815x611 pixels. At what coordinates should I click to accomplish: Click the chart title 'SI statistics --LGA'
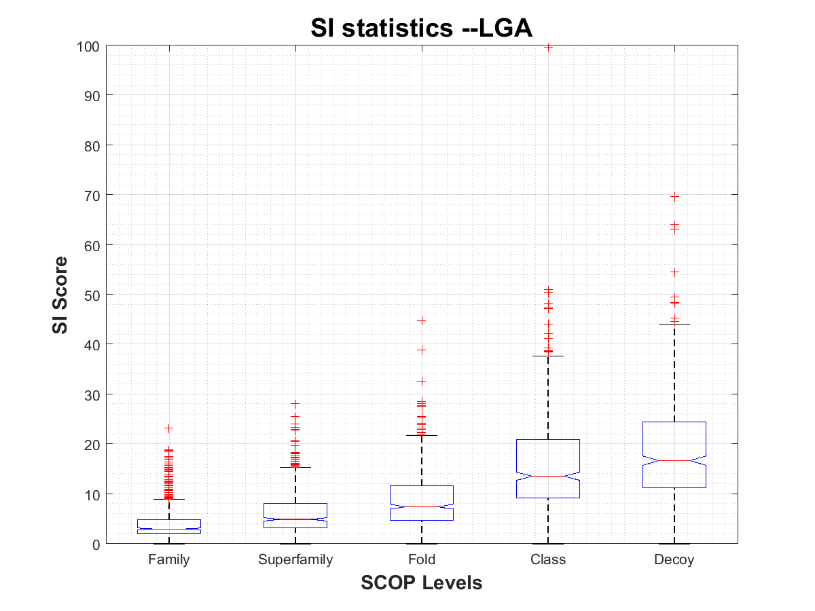421,29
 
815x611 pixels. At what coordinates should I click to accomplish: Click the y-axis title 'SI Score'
60,295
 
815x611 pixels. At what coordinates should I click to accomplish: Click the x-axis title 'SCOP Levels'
421,582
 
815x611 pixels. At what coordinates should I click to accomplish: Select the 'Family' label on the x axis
168,560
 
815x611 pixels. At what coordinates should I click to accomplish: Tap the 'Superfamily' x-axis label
295,560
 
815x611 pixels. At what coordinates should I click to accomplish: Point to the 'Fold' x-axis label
422,560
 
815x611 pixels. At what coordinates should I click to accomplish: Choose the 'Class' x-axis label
548,560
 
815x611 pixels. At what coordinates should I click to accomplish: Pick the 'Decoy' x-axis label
674,560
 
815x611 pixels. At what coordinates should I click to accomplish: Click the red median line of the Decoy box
674,460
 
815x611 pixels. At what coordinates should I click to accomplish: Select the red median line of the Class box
548,476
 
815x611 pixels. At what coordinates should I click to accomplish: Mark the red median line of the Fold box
422,506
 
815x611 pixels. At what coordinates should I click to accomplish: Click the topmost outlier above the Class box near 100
548,47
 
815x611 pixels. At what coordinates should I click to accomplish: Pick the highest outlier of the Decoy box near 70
674,197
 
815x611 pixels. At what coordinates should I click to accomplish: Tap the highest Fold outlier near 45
422,320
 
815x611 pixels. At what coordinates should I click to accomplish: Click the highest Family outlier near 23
168,428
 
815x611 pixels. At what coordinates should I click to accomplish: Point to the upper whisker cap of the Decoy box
674,324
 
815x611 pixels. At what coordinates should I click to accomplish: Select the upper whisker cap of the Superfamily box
295,467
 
